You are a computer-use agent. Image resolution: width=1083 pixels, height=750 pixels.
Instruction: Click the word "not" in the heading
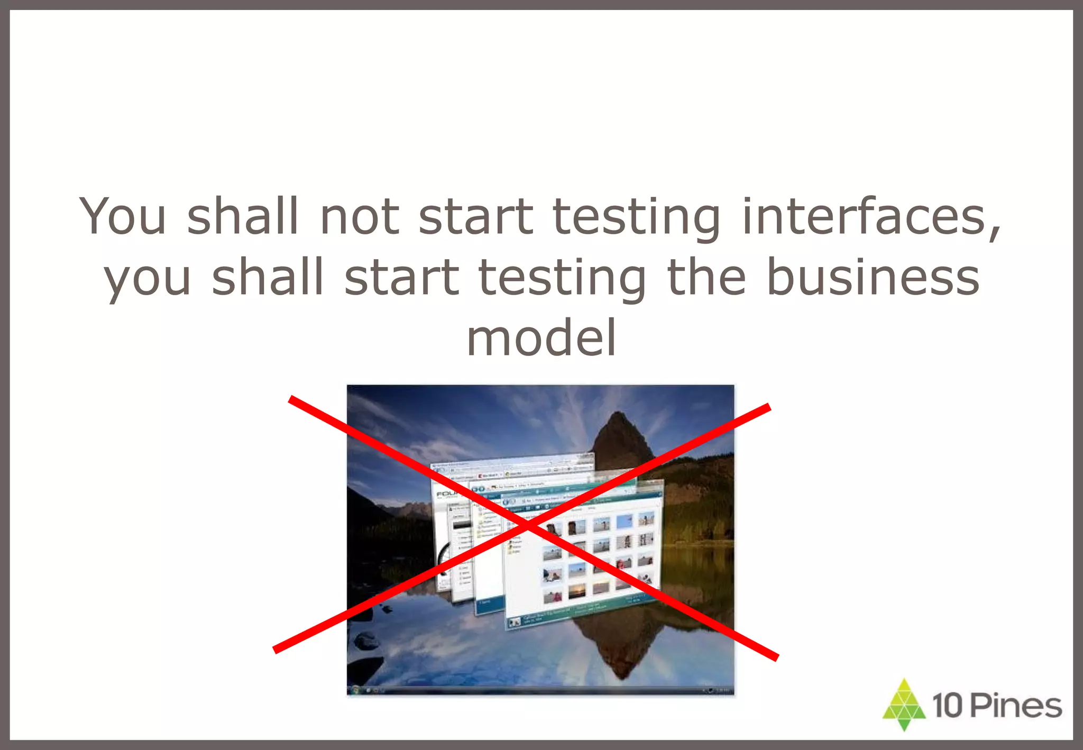(x=359, y=216)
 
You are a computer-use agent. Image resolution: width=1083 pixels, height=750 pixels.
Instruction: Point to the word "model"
(x=541, y=338)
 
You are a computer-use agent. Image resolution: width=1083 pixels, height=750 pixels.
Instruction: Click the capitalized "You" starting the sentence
(x=123, y=216)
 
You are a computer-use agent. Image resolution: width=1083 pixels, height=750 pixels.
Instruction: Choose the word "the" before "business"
(x=706, y=277)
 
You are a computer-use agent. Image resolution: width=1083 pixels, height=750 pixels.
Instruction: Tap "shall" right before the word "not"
(x=243, y=216)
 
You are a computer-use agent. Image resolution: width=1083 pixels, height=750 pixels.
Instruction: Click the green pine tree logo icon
(x=904, y=705)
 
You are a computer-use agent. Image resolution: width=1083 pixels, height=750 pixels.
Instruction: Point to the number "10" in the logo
(x=948, y=706)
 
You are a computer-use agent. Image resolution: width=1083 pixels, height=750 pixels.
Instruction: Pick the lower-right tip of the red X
(x=777, y=658)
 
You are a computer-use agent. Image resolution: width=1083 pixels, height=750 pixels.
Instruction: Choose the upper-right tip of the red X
(x=769, y=407)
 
